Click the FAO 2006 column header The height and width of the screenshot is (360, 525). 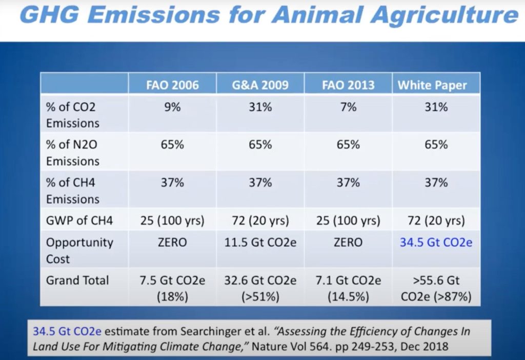172,85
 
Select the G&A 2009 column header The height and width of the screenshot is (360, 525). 260,85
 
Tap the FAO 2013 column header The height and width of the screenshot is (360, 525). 348,85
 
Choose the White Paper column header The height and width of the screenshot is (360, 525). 436,85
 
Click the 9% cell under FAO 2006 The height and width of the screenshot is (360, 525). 172,107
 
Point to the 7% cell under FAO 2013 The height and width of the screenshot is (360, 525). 348,107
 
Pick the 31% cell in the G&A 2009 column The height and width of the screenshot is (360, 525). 260,107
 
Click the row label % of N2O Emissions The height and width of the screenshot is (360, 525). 72,153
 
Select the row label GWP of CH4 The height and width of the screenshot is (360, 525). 79,222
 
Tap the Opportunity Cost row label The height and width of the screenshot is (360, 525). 79,250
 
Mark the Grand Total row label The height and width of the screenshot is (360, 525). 77,281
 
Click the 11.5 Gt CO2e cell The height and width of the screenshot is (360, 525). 260,242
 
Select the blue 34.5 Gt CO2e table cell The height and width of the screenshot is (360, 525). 436,242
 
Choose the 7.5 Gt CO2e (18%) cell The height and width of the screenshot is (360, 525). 172,288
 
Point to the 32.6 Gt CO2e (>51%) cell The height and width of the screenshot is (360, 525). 260,288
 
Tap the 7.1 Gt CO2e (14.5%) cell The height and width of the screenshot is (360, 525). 348,288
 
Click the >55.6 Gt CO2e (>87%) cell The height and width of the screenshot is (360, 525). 436,288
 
